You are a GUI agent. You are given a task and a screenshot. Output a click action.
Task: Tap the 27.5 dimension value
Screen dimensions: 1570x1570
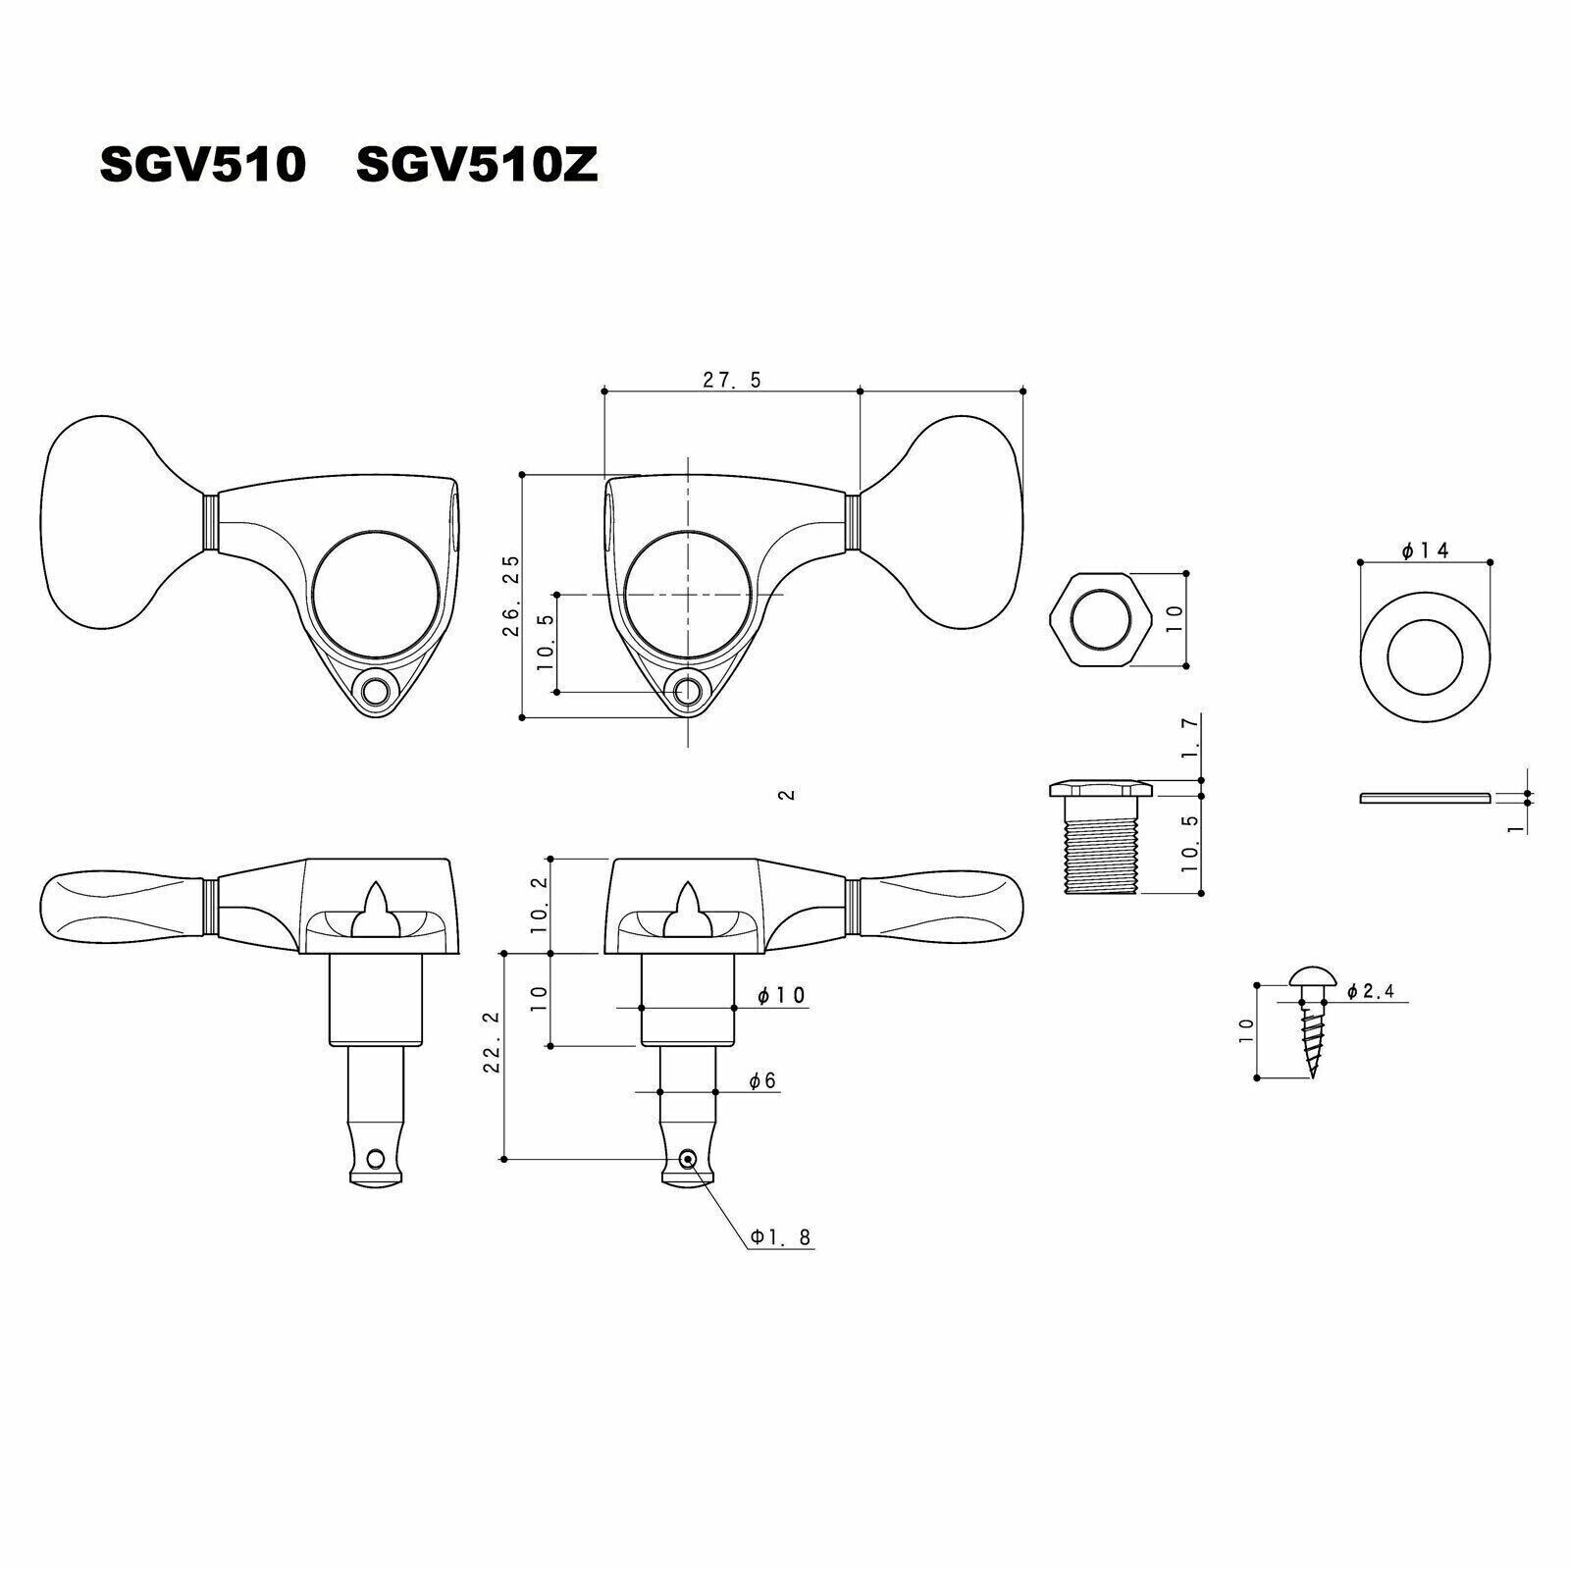[731, 380]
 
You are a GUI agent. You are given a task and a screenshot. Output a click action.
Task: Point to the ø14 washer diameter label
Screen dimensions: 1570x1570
[1426, 551]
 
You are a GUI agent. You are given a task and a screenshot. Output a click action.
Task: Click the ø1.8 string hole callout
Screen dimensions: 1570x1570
[781, 1238]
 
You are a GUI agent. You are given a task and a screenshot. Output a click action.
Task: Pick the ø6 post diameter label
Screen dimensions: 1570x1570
[762, 1080]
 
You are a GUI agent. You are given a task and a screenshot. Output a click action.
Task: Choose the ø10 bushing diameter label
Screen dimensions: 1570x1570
[781, 996]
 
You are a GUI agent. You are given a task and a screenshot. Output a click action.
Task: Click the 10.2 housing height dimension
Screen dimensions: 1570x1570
[539, 905]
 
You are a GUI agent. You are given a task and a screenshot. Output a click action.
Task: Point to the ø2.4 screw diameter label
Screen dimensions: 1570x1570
[1371, 992]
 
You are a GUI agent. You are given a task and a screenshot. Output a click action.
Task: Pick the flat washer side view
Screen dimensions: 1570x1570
[1424, 797]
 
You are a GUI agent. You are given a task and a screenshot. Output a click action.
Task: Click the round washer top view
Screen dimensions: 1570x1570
[1425, 651]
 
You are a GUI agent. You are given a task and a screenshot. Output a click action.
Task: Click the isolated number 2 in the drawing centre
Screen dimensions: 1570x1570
[785, 795]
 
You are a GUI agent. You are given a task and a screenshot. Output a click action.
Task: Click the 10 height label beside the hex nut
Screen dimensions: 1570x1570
[1176, 618]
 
